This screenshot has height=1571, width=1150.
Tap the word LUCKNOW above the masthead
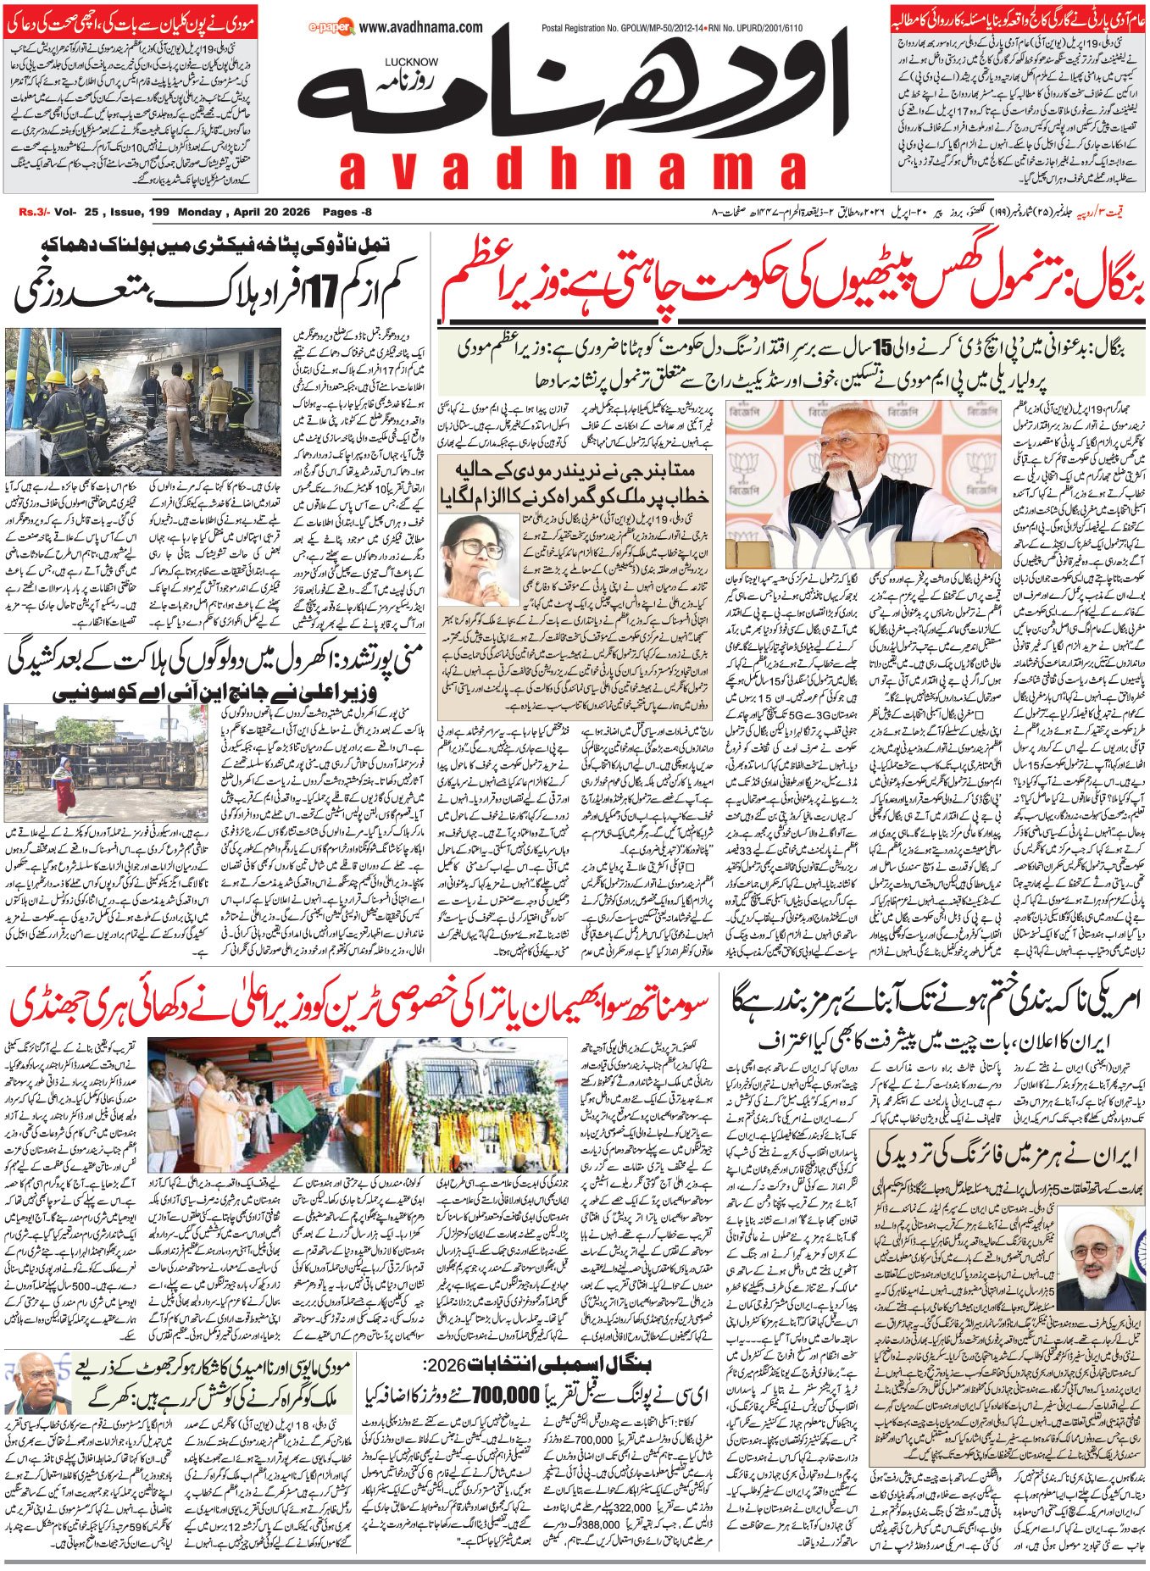pyautogui.click(x=411, y=63)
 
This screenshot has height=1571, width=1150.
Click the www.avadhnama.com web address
pyautogui.click(x=421, y=27)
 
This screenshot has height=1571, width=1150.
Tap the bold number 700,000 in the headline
pyautogui.click(x=505, y=1393)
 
